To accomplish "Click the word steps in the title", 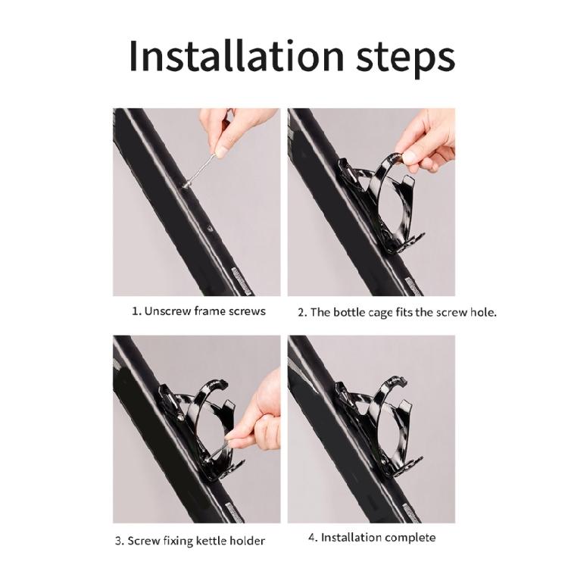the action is pyautogui.click(x=405, y=58).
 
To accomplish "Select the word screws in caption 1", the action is pyautogui.click(x=247, y=311).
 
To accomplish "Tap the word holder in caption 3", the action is pyautogui.click(x=248, y=541).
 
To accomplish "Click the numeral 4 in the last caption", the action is pyautogui.click(x=311, y=537).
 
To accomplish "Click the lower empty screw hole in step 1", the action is pyautogui.click(x=209, y=228).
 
